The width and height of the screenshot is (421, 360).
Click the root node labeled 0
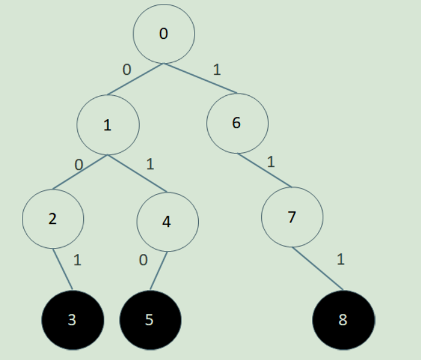(163, 34)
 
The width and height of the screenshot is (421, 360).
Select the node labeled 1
(108, 125)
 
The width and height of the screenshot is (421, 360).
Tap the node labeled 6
(237, 123)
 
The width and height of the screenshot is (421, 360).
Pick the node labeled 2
(53, 219)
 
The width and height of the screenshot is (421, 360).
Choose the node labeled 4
(167, 222)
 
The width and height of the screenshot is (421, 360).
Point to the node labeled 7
(292, 217)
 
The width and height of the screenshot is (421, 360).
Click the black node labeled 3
(72, 320)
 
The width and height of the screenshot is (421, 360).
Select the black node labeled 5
(150, 320)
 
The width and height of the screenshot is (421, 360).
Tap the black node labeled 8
(343, 320)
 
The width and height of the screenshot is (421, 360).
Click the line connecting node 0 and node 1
(136, 78)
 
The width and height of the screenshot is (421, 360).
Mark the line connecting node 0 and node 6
(200, 78)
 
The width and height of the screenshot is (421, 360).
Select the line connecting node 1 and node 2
(80, 172)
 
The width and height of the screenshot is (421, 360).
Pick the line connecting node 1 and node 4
(137, 174)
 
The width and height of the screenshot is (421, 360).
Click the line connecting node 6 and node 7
(265, 170)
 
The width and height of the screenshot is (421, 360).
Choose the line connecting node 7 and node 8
(319, 268)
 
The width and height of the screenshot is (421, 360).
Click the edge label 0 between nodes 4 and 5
(143, 260)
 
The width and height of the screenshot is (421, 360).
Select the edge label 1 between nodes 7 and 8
(341, 259)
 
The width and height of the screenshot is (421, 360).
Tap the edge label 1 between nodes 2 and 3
(77, 260)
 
